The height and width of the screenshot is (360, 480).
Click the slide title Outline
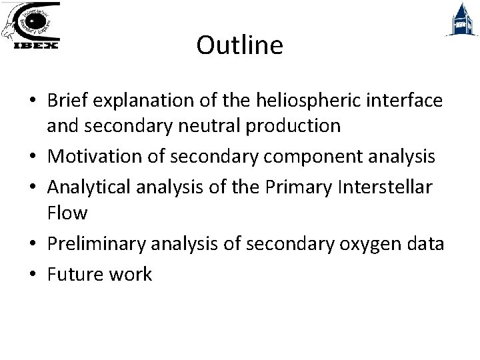(x=239, y=45)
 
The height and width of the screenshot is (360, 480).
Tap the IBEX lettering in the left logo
(x=37, y=45)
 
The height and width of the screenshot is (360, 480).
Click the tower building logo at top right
(x=461, y=19)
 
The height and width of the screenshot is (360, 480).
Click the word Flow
(x=67, y=213)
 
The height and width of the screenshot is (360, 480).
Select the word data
(x=425, y=244)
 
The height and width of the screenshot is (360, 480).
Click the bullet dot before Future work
(x=33, y=275)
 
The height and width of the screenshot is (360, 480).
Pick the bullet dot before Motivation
(x=33, y=157)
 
